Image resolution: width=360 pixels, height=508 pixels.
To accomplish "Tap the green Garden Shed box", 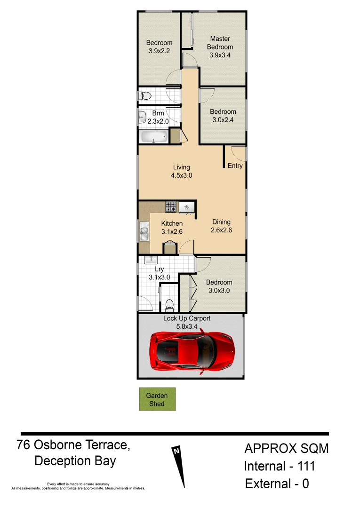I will point(157,399).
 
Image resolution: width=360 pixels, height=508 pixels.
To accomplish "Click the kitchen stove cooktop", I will point(170,207).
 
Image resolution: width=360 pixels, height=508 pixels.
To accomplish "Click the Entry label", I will point(235,166).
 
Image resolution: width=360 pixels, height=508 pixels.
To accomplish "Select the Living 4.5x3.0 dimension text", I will point(181,175).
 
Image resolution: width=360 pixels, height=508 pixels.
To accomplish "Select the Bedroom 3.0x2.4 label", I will point(223,116).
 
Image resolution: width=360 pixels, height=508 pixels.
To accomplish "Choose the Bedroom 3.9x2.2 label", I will point(159,47).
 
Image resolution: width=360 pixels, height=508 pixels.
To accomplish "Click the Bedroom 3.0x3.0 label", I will point(219,286).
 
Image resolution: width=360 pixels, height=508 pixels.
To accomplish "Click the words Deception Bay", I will point(75,461).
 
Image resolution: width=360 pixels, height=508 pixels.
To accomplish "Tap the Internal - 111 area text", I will point(279,466).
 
